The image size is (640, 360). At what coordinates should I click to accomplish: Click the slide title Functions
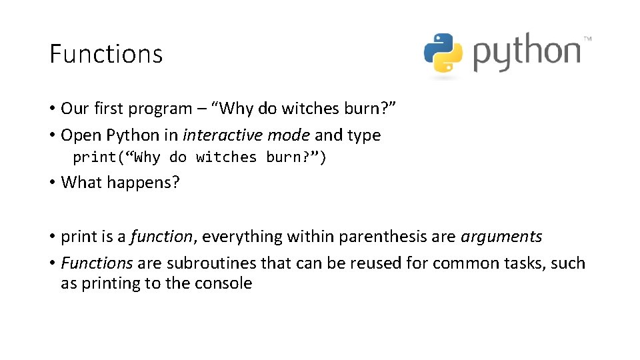[106, 54]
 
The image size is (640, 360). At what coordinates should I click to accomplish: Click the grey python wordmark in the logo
[527, 53]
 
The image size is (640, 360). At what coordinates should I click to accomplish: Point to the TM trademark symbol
[587, 39]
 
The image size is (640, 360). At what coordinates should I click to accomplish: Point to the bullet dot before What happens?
[51, 182]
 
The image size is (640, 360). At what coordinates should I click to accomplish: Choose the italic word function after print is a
[161, 237]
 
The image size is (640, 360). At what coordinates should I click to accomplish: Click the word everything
[235, 237]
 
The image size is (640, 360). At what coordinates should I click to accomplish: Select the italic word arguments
[502, 237]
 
